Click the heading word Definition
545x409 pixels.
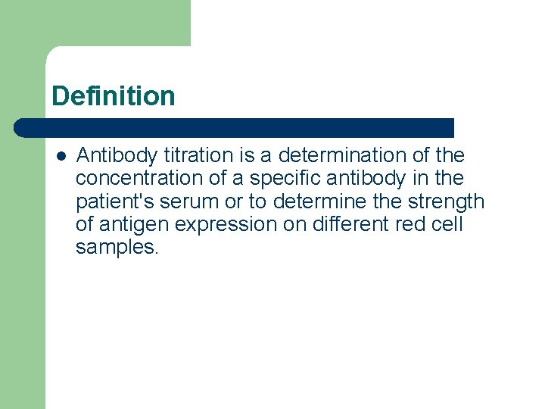[114, 96]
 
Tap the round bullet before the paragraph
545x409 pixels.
[61, 156]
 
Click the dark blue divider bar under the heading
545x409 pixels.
[235, 128]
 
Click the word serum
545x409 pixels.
[186, 201]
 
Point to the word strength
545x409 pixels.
[445, 201]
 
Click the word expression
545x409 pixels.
[221, 224]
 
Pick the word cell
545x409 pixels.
[446, 224]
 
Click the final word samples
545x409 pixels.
[117, 247]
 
